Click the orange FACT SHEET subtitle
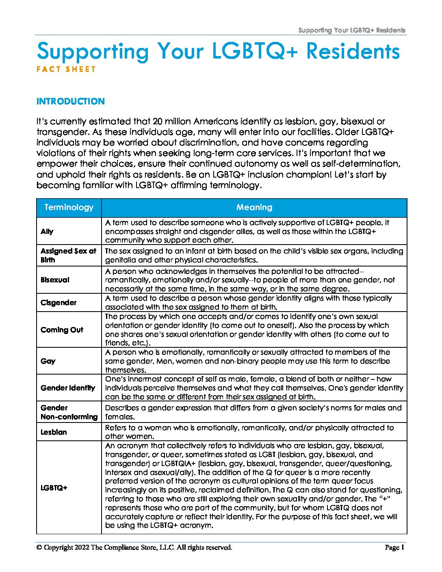click(x=66, y=69)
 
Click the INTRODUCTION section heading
click(x=71, y=102)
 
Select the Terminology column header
click(x=69, y=208)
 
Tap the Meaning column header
click(x=254, y=208)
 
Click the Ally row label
click(x=47, y=231)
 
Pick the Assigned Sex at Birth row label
click(x=68, y=256)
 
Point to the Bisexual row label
click(x=55, y=280)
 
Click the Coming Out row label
click(x=62, y=330)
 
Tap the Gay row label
click(x=48, y=361)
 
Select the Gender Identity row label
click(x=68, y=388)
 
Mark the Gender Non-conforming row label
click(x=69, y=412)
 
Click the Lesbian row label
click(x=54, y=432)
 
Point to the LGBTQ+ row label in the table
click(x=54, y=487)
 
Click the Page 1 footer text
click(x=394, y=548)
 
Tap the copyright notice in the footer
click(x=134, y=548)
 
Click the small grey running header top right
click(x=351, y=30)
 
